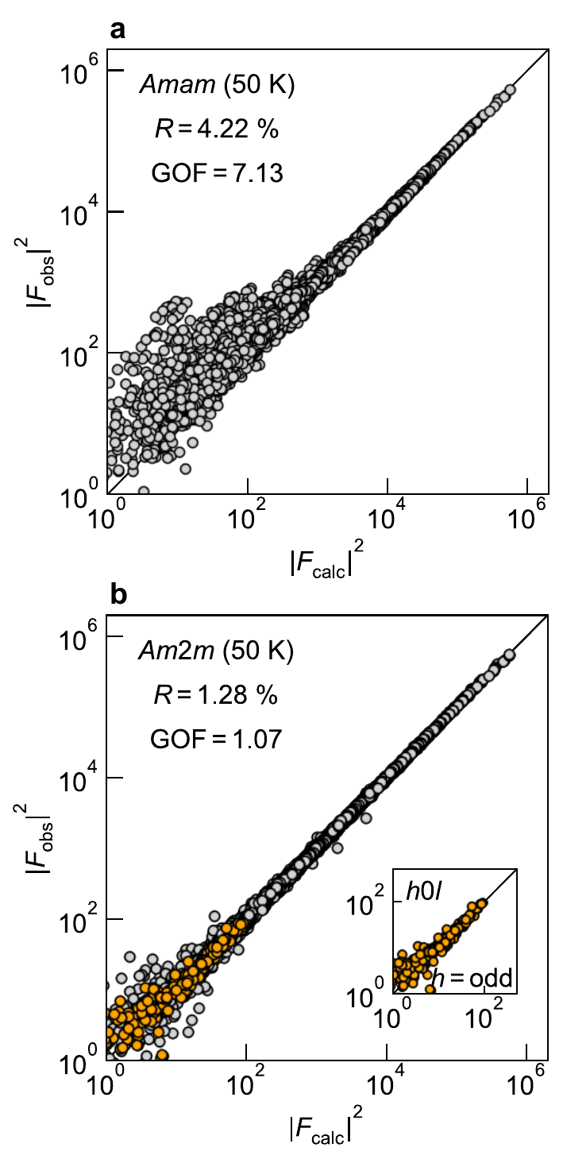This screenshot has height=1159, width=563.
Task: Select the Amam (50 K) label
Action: [217, 85]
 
